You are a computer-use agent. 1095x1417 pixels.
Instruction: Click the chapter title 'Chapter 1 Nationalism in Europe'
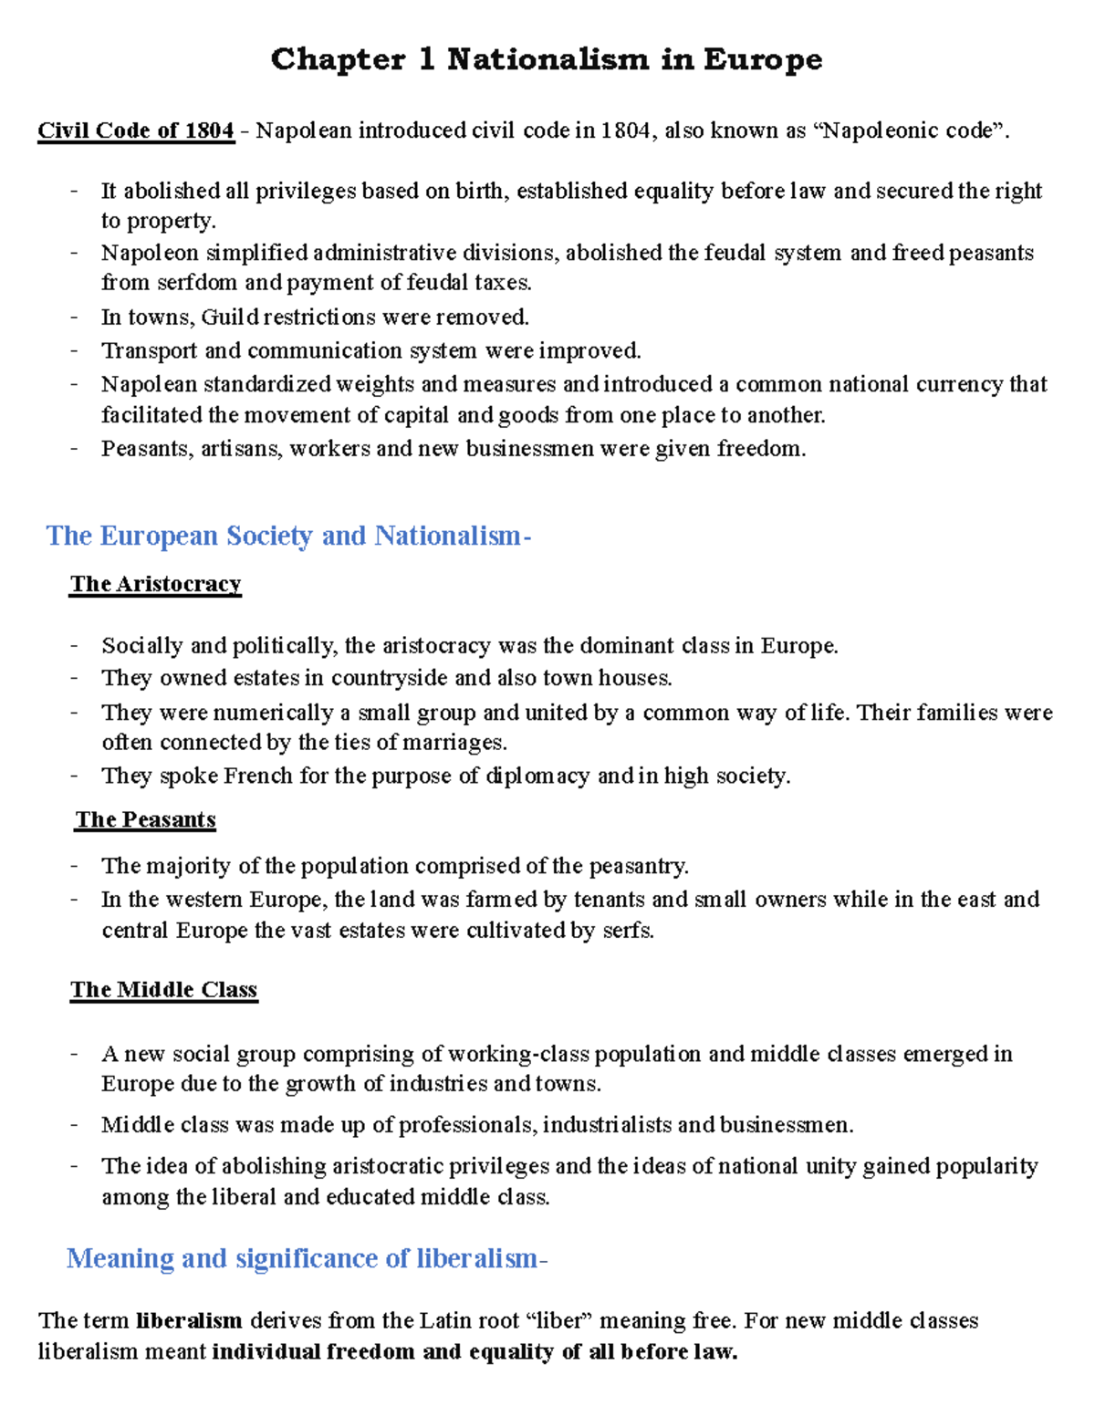(547, 59)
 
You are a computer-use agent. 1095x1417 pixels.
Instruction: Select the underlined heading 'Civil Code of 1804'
(136, 130)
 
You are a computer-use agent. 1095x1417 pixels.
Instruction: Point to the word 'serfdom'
(197, 283)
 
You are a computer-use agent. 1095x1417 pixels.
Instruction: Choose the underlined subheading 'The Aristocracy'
(155, 584)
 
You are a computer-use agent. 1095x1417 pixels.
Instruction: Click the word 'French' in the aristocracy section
(257, 776)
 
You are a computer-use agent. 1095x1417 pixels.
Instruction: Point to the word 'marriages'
(453, 743)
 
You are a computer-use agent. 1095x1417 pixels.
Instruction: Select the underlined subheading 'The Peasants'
(146, 819)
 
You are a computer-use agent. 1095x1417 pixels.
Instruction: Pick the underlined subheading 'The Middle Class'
(164, 990)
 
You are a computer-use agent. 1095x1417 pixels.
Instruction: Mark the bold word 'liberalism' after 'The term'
(189, 1321)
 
